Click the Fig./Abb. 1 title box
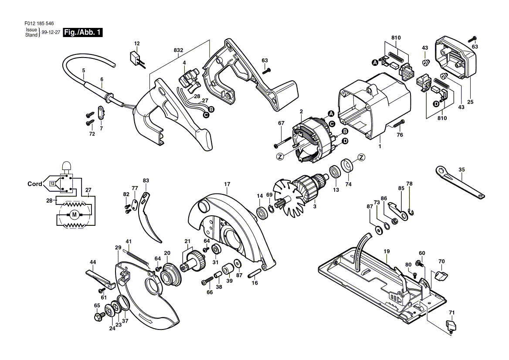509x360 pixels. click(x=83, y=32)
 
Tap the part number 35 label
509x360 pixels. click(x=461, y=170)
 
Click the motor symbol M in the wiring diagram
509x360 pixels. click(x=75, y=214)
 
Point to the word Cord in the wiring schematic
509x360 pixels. click(x=35, y=184)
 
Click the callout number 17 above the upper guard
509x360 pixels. click(x=227, y=184)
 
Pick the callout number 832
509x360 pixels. click(x=178, y=50)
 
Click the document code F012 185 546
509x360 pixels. click(x=39, y=24)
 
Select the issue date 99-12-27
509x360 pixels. click(x=51, y=32)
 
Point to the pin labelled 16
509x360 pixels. click(x=254, y=274)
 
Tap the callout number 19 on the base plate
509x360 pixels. click(x=386, y=251)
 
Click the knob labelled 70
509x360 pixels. click(x=441, y=276)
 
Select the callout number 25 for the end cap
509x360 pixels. click(x=470, y=102)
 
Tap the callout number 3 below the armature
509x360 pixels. click(x=314, y=206)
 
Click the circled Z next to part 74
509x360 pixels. click(x=361, y=158)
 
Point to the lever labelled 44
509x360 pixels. click(x=101, y=278)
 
